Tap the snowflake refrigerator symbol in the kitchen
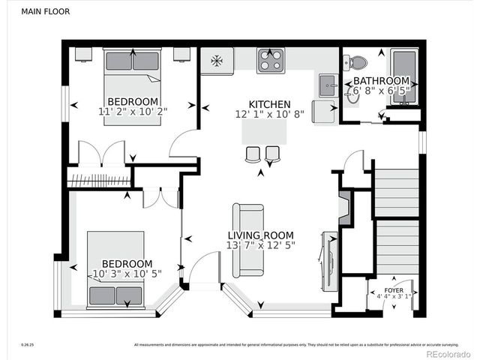[217, 60]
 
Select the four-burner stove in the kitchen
[270, 60]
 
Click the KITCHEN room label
[270, 104]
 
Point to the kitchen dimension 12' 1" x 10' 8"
[270, 115]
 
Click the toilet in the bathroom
[358, 64]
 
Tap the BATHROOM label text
[381, 81]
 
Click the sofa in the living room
[247, 240]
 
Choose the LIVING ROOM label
[261, 235]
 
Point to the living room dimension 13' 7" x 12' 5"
[261, 245]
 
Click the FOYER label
[394, 289]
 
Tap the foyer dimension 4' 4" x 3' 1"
[394, 297]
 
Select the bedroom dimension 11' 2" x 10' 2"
[133, 112]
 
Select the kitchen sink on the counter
[326, 86]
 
